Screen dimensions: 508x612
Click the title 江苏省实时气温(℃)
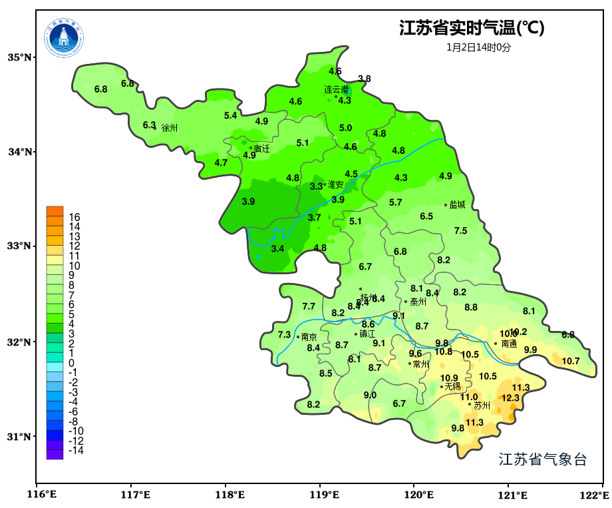coord(472,28)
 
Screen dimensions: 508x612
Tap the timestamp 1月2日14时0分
coord(479,47)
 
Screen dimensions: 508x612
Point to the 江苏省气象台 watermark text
coord(543,459)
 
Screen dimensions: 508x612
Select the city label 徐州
coord(170,128)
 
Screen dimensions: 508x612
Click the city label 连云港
coord(337,89)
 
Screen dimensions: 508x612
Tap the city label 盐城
coord(457,205)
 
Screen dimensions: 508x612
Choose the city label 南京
coord(309,338)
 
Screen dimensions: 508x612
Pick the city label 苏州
coord(482,405)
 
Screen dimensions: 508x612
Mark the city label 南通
coord(509,344)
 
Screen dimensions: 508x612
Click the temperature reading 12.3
coord(510,398)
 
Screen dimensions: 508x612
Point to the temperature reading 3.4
coord(278,248)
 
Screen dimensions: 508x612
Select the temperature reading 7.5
coord(460,231)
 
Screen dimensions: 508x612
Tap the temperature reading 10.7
coord(571,362)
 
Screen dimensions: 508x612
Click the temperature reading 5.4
coord(230,115)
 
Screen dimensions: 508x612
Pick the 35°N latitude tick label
coord(19,57)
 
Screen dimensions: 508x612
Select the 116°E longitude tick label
coord(41,495)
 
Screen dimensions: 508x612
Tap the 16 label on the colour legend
coord(75,217)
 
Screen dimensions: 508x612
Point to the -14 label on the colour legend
coord(76,451)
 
